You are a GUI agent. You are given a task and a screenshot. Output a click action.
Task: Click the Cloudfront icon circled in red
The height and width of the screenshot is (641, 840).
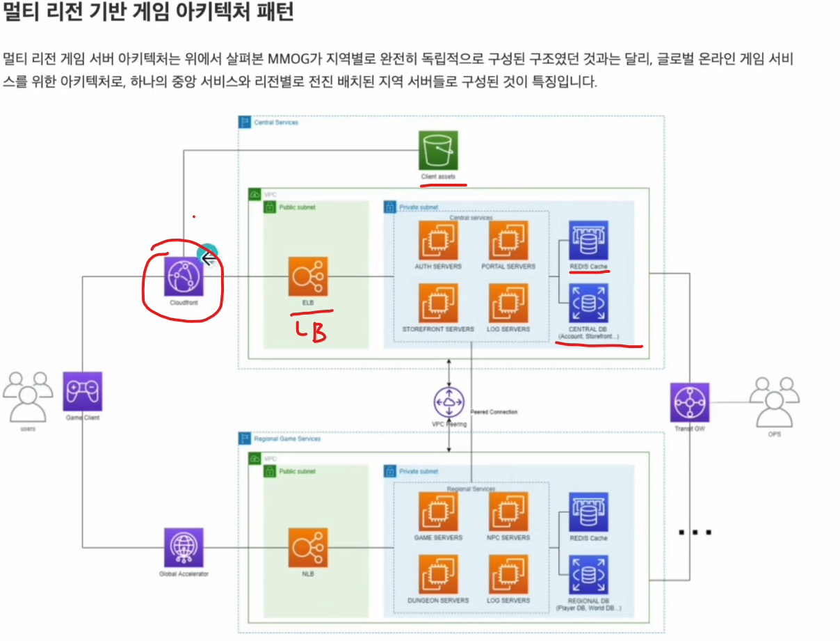pos(183,277)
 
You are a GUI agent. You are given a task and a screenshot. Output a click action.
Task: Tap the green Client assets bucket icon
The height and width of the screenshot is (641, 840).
pos(438,150)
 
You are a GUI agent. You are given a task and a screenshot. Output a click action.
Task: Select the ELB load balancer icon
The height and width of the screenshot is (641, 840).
pos(308,277)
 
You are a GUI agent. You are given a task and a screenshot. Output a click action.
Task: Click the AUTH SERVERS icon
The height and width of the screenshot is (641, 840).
pos(438,241)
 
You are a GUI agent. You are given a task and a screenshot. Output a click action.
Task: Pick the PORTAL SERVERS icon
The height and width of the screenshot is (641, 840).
pos(508,241)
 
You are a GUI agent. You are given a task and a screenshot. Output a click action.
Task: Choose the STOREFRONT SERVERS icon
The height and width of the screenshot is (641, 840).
pos(438,303)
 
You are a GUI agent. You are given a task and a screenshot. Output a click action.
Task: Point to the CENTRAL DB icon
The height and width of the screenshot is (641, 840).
pos(588,303)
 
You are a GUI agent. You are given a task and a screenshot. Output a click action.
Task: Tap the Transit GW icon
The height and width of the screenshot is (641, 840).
pos(689,402)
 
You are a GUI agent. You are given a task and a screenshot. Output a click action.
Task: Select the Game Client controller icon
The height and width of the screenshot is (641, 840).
pos(82,391)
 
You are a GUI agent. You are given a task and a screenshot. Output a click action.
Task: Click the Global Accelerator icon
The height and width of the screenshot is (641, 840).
pos(184,547)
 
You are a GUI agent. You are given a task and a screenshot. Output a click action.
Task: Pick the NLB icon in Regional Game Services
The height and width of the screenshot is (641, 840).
pos(308,547)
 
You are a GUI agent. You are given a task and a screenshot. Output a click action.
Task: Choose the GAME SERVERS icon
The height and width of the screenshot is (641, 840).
pos(438,512)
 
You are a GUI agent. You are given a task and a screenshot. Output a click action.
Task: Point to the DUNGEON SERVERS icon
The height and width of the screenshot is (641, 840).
pos(438,575)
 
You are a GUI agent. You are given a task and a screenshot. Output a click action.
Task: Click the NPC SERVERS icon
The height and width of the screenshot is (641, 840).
pos(508,512)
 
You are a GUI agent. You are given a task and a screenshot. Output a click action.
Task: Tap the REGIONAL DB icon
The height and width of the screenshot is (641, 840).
pos(588,575)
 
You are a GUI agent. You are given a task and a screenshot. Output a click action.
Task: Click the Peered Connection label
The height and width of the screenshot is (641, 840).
pos(494,412)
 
